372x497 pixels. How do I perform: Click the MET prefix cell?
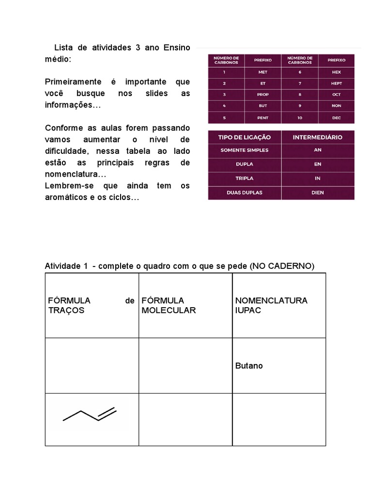pos(263,72)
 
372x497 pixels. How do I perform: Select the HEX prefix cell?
pos(337,72)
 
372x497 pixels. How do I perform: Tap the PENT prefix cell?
pos(263,117)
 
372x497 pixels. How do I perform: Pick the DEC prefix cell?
pos(337,117)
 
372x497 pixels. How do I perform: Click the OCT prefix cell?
pos(337,95)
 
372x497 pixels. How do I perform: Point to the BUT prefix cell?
pos(263,106)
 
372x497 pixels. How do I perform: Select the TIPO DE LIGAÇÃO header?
pos(244,137)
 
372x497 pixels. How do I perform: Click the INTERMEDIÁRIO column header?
pos(317,137)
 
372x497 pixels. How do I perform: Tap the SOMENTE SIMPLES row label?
pos(244,150)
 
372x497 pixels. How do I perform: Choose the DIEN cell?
pos(318,193)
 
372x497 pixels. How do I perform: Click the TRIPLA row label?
pos(244,178)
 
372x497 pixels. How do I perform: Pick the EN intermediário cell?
pos(318,164)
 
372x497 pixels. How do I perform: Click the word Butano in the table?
pos(249,365)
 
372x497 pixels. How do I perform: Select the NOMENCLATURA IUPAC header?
pos(271,305)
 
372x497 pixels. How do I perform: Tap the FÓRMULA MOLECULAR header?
pos(169,305)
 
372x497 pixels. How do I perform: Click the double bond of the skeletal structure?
pos(107,414)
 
